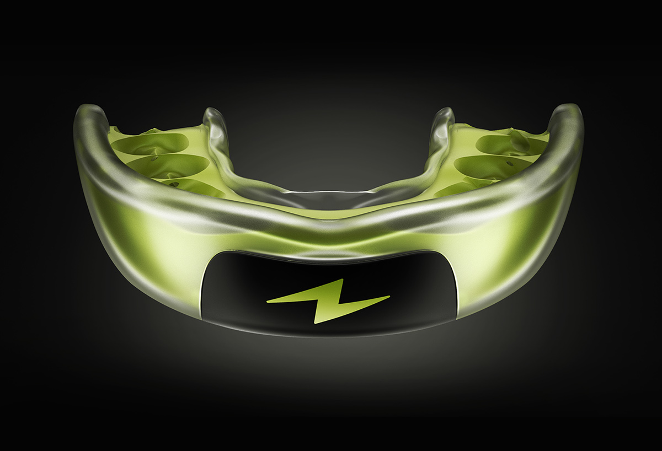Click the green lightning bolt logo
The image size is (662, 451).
[328, 300]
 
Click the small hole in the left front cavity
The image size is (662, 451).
[175, 184]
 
